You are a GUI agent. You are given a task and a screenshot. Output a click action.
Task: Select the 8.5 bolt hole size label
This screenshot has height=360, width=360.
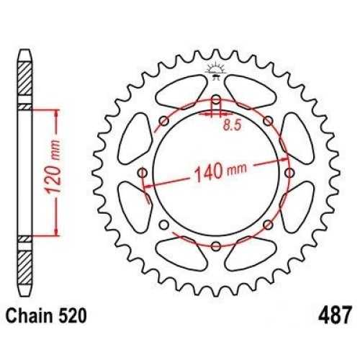coord(232,125)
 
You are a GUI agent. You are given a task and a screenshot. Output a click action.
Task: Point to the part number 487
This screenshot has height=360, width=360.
coord(335,315)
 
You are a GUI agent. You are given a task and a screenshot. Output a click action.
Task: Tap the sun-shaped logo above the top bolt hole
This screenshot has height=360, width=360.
coord(215,70)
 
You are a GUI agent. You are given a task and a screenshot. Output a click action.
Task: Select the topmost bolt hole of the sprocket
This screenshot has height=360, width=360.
coord(216,100)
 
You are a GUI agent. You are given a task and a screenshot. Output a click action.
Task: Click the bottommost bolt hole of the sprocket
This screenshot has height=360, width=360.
coord(216,246)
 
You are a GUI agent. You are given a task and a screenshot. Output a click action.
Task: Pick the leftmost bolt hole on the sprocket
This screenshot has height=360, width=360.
coord(143,173)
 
